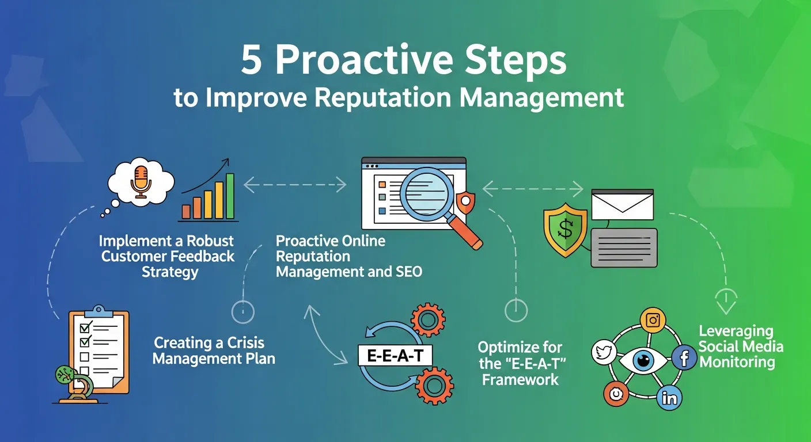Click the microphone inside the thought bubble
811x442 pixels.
click(x=140, y=178)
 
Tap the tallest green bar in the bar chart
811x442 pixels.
click(x=230, y=196)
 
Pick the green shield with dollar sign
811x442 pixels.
click(x=565, y=230)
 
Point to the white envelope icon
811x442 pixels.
click(x=623, y=204)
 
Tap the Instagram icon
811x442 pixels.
click(x=653, y=320)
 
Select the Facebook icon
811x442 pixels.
click(x=684, y=358)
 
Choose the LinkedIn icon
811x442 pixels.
click(x=670, y=397)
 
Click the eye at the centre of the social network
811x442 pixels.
click(x=642, y=361)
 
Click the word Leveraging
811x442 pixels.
click(x=736, y=331)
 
